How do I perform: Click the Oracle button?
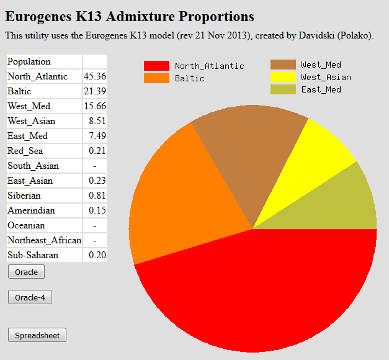pos(26,272)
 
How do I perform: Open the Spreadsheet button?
pos(37,335)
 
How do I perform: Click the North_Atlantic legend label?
pos(209,66)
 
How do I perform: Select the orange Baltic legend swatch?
pos(156,78)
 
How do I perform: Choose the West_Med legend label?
pos(321,65)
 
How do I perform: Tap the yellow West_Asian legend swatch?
pos(283,77)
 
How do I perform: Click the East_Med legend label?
pos(321,89)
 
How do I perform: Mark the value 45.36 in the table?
pos(94,76)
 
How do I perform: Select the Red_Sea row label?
pos(25,151)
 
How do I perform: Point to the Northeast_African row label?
pos(44,240)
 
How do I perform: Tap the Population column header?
pos(29,61)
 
